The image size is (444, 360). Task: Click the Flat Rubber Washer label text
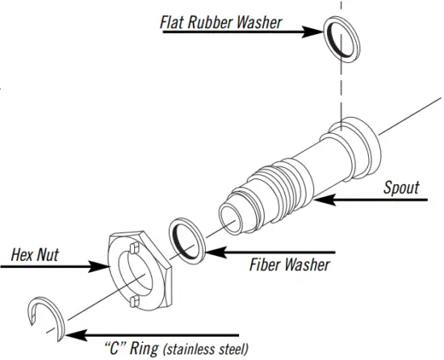(221, 22)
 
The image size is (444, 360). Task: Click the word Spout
(401, 187)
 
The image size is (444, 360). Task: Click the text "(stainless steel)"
(206, 350)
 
